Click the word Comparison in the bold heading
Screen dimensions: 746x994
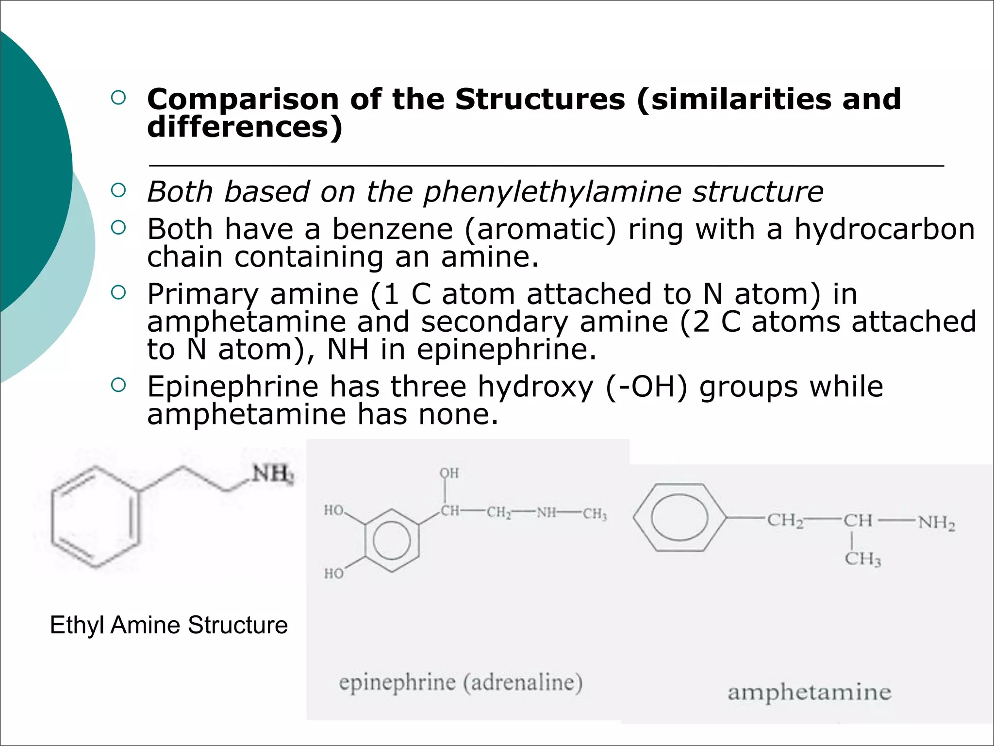coord(243,100)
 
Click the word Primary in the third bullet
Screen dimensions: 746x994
coord(203,294)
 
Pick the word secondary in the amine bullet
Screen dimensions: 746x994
coord(495,322)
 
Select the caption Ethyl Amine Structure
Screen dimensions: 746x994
coord(168,625)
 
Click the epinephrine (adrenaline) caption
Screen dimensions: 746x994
coord(460,682)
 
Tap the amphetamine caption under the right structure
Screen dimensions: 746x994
coord(809,692)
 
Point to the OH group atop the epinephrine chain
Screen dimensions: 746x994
coord(449,473)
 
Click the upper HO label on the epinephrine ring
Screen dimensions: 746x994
coord(334,510)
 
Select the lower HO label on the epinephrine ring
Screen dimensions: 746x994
coord(334,574)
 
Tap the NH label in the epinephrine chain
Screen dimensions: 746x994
coord(547,513)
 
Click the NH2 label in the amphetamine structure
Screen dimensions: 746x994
coord(936,523)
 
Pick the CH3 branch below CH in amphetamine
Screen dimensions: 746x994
coord(862,559)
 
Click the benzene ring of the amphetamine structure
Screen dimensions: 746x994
coord(679,518)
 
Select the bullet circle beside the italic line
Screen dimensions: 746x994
coord(118,190)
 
